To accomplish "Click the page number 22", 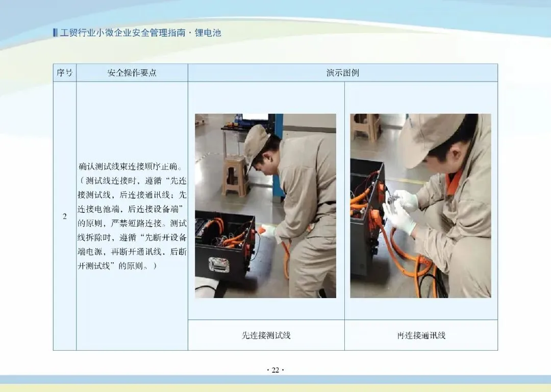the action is point(275,370).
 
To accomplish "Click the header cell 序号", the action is point(65,73).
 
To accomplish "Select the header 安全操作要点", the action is point(132,73).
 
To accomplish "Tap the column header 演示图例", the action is point(343,73).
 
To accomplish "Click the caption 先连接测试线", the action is point(266,335).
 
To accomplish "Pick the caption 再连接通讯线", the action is point(421,335).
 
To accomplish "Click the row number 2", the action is point(65,216).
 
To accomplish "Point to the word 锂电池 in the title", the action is point(208,33).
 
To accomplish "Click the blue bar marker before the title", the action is point(55,33).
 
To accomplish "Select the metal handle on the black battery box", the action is point(218,264).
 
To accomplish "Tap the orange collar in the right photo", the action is point(454,182).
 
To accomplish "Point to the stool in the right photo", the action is point(366,127).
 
